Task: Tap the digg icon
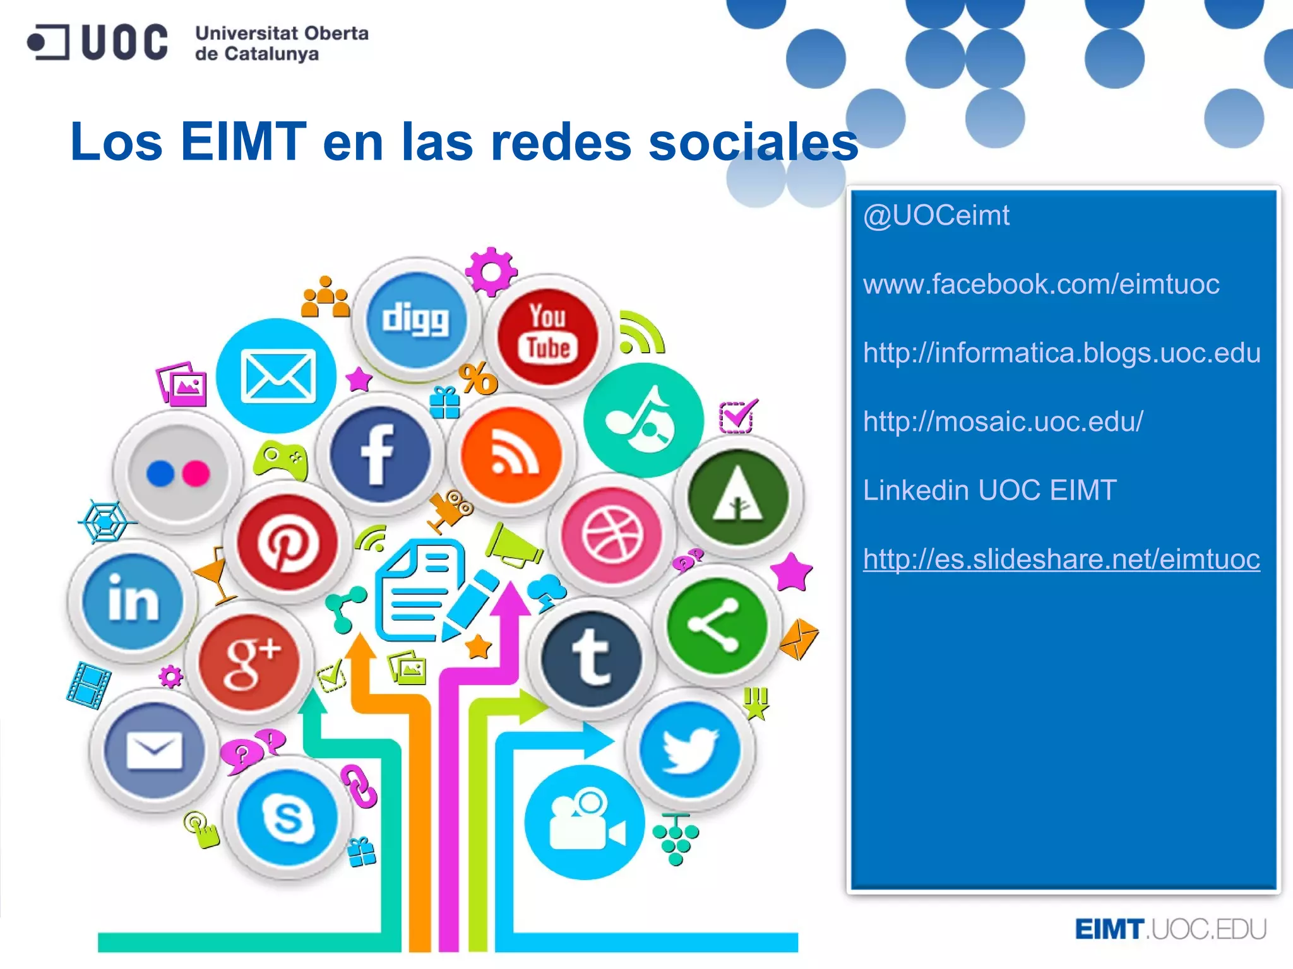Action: pyautogui.click(x=416, y=320)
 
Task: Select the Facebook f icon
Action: pyautogui.click(x=380, y=455)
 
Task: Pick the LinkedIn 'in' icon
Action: pyautogui.click(x=133, y=600)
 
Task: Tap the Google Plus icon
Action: pyautogui.click(x=250, y=661)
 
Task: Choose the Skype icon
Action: pyautogui.click(x=288, y=818)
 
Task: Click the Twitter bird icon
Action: pyautogui.click(x=690, y=749)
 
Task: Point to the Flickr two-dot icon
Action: pyautogui.click(x=178, y=473)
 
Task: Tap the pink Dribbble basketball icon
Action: pyautogui.click(x=612, y=535)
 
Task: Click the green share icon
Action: pyautogui.click(x=717, y=625)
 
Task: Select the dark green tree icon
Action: pyautogui.click(x=738, y=497)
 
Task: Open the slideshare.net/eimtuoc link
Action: pyautogui.click(x=1061, y=559)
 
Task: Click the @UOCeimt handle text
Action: pyautogui.click(x=936, y=216)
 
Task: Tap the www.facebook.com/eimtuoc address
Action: pyautogui.click(x=1041, y=284)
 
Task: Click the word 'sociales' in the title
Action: pyautogui.click(x=753, y=142)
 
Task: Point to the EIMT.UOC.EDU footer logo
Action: pyautogui.click(x=1170, y=929)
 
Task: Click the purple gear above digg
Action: pyautogui.click(x=491, y=272)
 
